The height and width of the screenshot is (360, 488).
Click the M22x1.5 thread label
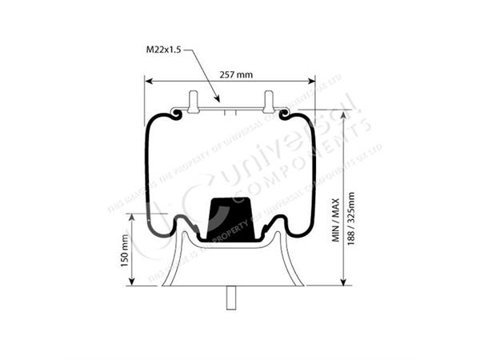click(x=164, y=50)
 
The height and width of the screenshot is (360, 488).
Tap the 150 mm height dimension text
click(x=125, y=250)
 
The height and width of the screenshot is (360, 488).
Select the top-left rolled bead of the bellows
click(x=174, y=117)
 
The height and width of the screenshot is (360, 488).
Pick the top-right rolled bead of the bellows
click(x=286, y=117)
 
